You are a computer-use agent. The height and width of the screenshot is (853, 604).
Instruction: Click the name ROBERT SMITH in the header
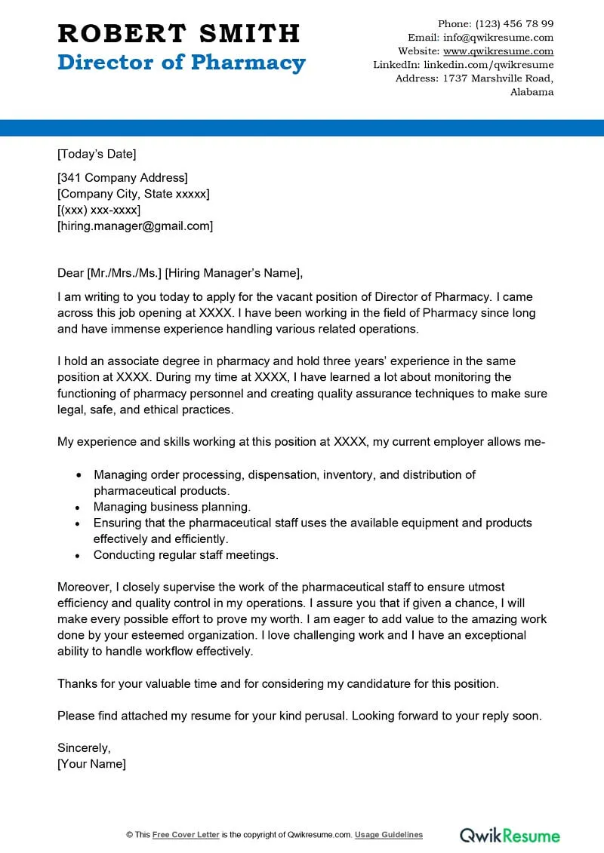[179, 33]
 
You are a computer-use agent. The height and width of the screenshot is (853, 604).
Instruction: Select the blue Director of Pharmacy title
[181, 63]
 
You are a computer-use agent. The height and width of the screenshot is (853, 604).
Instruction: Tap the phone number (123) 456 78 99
[514, 23]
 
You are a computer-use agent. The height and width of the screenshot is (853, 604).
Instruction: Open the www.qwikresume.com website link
[498, 51]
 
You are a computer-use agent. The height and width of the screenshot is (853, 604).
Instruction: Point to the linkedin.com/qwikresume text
[488, 65]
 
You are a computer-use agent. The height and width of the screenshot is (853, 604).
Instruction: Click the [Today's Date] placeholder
[97, 154]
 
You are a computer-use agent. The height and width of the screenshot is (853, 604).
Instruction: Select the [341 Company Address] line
[122, 178]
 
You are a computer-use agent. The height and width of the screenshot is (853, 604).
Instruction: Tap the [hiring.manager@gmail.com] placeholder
[135, 226]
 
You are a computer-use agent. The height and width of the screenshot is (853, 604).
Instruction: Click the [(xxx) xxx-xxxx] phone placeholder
[99, 210]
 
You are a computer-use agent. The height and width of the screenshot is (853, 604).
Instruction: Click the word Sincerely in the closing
[84, 748]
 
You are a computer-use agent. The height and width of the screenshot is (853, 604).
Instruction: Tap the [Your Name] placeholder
[91, 764]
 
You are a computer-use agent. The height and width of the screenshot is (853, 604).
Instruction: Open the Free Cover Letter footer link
[186, 835]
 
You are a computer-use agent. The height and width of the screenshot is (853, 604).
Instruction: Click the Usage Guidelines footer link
[389, 835]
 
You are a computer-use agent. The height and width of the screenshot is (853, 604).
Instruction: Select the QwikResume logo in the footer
[510, 835]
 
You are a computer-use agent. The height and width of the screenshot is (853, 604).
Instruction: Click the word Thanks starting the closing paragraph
[76, 684]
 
